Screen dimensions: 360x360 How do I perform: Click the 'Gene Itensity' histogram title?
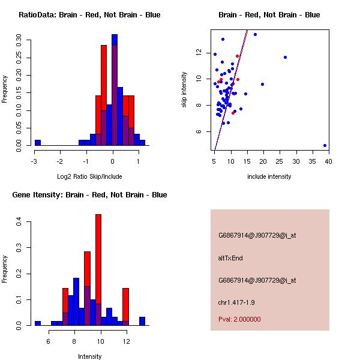pyautogui.click(x=89, y=195)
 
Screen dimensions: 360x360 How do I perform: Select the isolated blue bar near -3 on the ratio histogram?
pyautogui.click(x=37, y=143)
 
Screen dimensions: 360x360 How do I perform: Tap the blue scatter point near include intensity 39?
pyautogui.click(x=325, y=145)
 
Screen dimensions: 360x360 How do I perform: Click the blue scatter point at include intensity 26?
pyautogui.click(x=285, y=58)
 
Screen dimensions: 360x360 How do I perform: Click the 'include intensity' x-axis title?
pyautogui.click(x=269, y=176)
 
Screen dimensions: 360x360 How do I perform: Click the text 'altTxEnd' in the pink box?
pyautogui.click(x=230, y=258)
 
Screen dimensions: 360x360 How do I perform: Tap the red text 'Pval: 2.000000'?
pyautogui.click(x=239, y=320)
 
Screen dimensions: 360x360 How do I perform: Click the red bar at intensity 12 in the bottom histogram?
pyautogui.click(x=125, y=307)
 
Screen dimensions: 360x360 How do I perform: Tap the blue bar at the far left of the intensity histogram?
pyautogui.click(x=37, y=323)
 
